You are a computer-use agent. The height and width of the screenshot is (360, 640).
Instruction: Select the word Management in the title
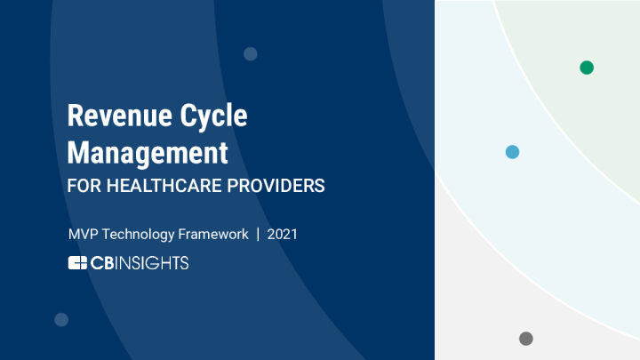tap(148, 153)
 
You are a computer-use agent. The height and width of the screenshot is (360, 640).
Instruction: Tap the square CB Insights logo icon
tap(77, 262)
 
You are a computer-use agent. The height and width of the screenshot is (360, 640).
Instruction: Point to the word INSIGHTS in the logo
tap(150, 262)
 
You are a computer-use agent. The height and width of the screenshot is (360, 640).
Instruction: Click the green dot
tap(587, 68)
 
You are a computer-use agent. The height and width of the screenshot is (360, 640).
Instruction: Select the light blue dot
tap(512, 152)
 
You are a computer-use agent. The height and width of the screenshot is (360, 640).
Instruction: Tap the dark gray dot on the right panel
tap(526, 339)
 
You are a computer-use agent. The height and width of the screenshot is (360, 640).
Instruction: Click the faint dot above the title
tap(251, 53)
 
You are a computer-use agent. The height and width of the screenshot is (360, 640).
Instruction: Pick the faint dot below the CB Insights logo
tap(61, 319)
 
